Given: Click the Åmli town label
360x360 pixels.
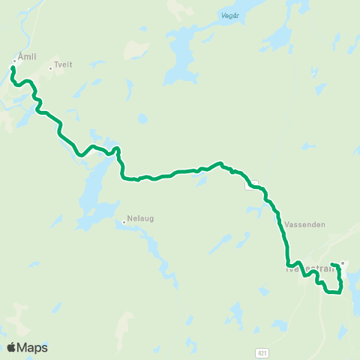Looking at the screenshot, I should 26,57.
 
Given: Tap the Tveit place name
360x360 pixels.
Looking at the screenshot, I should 64,66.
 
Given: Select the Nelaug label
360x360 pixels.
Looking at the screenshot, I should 140,221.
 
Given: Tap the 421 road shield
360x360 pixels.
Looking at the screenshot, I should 260,351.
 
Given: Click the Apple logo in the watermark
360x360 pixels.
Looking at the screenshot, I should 11,347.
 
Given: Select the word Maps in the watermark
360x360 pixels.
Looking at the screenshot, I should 34,347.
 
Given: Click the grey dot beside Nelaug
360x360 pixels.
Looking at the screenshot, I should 124,221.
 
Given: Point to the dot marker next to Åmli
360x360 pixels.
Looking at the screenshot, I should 14,61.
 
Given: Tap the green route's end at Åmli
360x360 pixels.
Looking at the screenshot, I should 12,68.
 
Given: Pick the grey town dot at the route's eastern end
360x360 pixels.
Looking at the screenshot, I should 343,262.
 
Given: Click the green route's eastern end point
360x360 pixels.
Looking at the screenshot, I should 331,263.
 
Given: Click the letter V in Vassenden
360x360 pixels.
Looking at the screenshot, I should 288,224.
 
